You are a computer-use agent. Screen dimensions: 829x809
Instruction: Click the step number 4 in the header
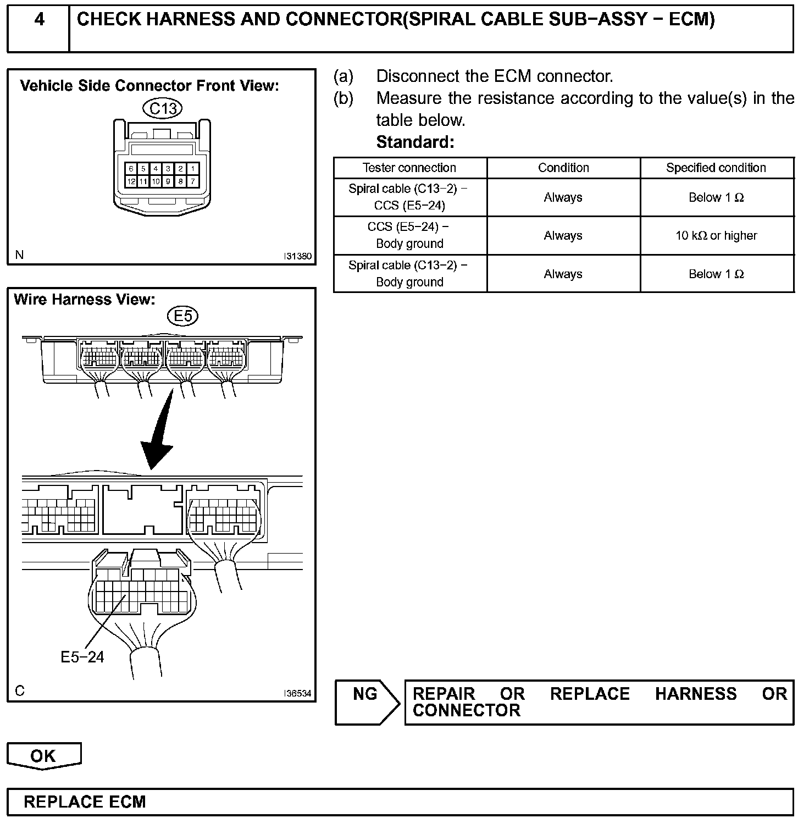39,20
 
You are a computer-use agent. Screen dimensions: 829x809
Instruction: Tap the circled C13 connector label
163,108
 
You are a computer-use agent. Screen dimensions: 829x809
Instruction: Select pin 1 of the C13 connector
192,169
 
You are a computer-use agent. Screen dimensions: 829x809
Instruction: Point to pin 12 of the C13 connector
131,181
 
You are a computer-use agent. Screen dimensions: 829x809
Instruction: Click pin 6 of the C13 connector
131,169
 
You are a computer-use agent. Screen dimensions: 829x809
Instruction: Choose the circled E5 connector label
182,316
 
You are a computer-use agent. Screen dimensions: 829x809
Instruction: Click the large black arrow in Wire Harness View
159,434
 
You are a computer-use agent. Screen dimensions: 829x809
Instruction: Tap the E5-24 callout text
82,656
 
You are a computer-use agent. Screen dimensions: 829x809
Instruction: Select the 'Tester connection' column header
409,168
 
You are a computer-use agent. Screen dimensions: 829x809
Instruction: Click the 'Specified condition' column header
716,168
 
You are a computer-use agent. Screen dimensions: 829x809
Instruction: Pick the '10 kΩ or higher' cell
716,236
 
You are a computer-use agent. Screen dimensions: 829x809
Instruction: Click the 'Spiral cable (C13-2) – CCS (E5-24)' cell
409,197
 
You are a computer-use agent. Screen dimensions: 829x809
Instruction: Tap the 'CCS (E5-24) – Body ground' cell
409,235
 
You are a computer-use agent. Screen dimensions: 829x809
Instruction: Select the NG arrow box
367,702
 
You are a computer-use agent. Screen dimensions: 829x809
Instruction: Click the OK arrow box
44,756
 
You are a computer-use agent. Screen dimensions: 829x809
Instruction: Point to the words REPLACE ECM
85,802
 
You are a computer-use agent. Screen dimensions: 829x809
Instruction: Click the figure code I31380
297,256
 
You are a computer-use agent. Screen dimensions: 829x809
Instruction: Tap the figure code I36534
297,693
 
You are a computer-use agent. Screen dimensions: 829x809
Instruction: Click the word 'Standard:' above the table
415,142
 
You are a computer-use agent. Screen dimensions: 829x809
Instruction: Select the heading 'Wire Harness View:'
85,300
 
